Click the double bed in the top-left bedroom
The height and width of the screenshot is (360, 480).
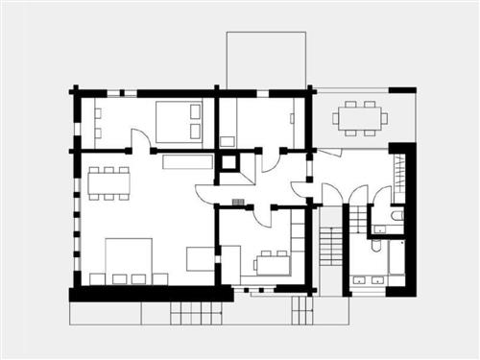point(178,120)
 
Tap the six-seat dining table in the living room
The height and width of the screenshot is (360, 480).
point(109,182)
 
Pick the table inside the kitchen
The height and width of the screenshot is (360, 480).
point(272,262)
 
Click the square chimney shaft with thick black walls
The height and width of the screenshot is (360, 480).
point(229,161)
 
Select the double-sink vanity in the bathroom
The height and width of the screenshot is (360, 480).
point(369,280)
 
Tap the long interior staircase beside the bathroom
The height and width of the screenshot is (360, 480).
point(329,252)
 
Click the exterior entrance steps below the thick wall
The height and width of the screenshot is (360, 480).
point(196,312)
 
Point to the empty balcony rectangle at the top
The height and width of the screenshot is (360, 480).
point(266,60)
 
